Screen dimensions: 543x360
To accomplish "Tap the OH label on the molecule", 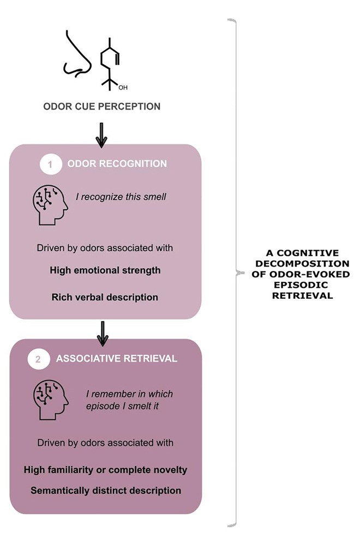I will point(123,87).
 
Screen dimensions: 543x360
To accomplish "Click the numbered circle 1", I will point(51,164).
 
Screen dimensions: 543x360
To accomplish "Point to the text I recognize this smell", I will point(121,196).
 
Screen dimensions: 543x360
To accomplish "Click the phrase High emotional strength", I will point(105,270).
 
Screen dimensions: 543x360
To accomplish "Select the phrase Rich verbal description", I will point(105,297).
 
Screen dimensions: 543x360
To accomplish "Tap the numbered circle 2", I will point(38,359).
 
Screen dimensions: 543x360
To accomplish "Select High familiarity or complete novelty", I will point(105,470).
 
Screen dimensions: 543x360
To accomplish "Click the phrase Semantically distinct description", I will point(105,491).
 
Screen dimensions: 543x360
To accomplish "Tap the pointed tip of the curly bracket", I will point(238,272).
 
